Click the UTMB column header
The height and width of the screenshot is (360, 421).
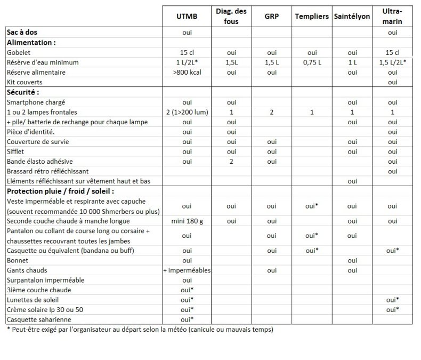click(187, 17)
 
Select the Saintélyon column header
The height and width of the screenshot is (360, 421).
click(352, 17)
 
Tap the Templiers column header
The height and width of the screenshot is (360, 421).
click(312, 17)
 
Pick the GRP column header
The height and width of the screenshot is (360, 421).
click(272, 17)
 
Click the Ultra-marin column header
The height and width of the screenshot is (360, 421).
click(393, 17)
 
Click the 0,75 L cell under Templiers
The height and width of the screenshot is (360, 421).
click(312, 62)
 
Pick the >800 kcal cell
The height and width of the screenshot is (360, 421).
click(187, 72)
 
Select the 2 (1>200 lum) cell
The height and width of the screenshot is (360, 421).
click(187, 112)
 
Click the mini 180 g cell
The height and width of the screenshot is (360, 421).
click(187, 221)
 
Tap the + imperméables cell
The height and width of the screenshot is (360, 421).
click(187, 270)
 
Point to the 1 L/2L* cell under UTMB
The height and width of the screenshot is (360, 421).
click(187, 62)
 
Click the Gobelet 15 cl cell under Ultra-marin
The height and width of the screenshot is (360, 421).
click(393, 52)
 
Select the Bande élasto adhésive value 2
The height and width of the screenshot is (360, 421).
click(231, 161)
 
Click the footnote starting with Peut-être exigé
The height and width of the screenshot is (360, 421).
click(140, 330)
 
